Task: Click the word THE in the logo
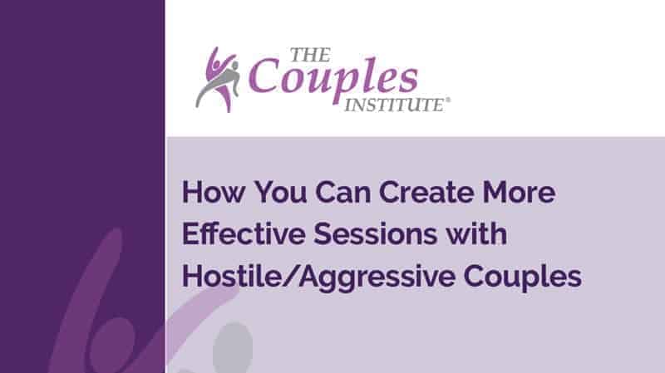click(x=310, y=55)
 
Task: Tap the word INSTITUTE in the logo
click(x=394, y=106)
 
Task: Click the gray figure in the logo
click(x=218, y=82)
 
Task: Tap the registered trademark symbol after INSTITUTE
click(x=448, y=101)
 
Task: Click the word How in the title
click(x=214, y=192)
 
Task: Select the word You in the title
click(x=280, y=192)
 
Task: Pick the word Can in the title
click(x=342, y=192)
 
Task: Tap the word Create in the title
click(x=426, y=192)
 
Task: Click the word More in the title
click(x=519, y=192)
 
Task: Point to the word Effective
click(x=244, y=233)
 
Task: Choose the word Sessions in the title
click(x=375, y=233)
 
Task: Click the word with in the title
click(x=475, y=233)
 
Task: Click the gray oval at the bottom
click(x=233, y=348)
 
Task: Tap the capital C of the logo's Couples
click(x=264, y=75)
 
